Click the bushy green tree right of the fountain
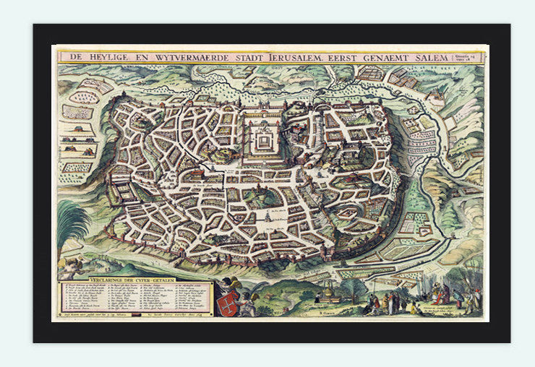tap(354, 289)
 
